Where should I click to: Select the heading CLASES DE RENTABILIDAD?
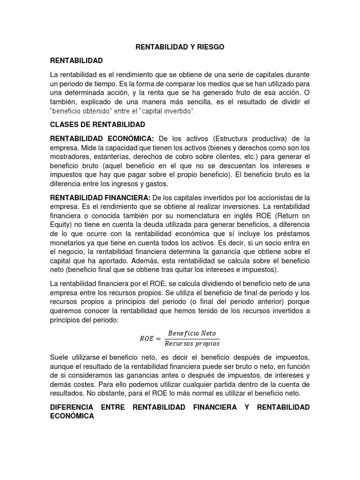[97, 125]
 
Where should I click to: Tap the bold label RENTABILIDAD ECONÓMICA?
[102, 139]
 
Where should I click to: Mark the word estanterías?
[114, 157]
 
